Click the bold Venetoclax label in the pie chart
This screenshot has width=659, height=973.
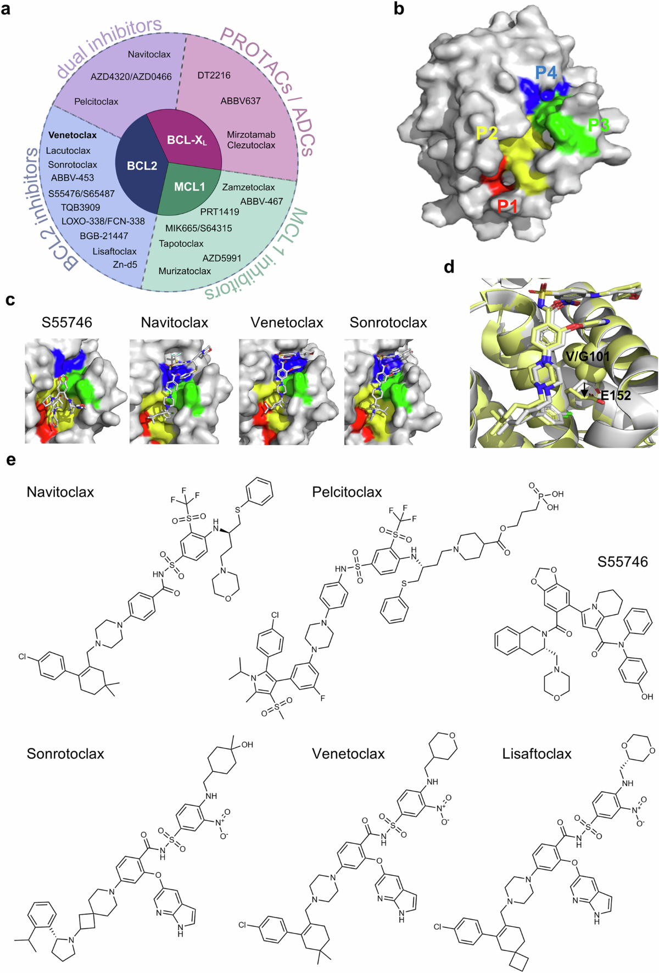[x=72, y=135]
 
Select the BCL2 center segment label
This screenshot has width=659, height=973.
[x=142, y=165]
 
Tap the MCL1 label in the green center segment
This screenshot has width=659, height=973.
[x=189, y=187]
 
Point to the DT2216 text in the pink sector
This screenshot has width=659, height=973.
[x=214, y=75]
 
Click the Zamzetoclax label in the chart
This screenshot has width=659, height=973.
[x=248, y=187]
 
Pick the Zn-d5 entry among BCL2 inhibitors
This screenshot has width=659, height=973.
[x=125, y=264]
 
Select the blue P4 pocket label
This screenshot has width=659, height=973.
[x=546, y=73]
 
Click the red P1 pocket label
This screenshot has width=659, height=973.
[x=507, y=206]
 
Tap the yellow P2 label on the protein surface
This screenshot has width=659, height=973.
[x=487, y=132]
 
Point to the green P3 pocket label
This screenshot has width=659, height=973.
[x=599, y=125]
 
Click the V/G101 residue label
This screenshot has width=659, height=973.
[x=587, y=357]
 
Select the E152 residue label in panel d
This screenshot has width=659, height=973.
[x=616, y=395]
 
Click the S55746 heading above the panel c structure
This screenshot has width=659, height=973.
[x=67, y=323]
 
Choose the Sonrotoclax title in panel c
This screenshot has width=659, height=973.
[x=388, y=323]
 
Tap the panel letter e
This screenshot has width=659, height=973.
[x=11, y=459]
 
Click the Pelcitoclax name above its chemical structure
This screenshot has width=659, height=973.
[x=347, y=492]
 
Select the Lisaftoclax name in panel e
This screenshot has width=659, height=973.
[x=537, y=754]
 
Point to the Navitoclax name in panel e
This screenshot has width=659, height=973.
[x=60, y=492]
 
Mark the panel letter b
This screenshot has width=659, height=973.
[x=399, y=9]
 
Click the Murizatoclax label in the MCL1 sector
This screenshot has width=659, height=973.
[x=185, y=271]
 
